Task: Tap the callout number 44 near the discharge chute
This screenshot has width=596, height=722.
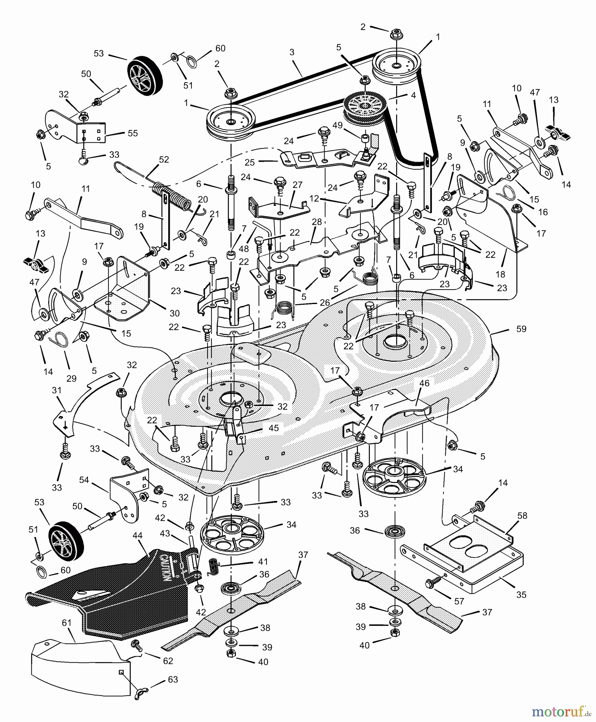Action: click(138, 535)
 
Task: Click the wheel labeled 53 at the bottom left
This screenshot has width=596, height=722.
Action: click(67, 542)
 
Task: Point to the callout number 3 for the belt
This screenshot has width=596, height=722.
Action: click(292, 52)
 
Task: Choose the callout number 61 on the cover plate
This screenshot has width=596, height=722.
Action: click(67, 623)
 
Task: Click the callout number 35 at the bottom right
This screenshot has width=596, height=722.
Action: click(521, 595)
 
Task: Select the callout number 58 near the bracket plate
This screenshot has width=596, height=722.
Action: click(522, 515)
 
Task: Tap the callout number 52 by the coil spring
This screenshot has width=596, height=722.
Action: click(164, 159)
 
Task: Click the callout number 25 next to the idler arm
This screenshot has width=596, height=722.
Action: click(250, 162)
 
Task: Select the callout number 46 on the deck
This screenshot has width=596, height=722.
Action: click(424, 383)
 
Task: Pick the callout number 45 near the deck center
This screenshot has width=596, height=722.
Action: click(274, 428)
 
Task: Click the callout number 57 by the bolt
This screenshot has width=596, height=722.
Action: click(459, 601)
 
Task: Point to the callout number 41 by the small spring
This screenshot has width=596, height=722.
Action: click(263, 562)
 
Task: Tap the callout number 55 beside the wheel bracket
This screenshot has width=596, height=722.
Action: click(132, 133)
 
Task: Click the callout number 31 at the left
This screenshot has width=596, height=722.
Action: click(57, 390)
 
